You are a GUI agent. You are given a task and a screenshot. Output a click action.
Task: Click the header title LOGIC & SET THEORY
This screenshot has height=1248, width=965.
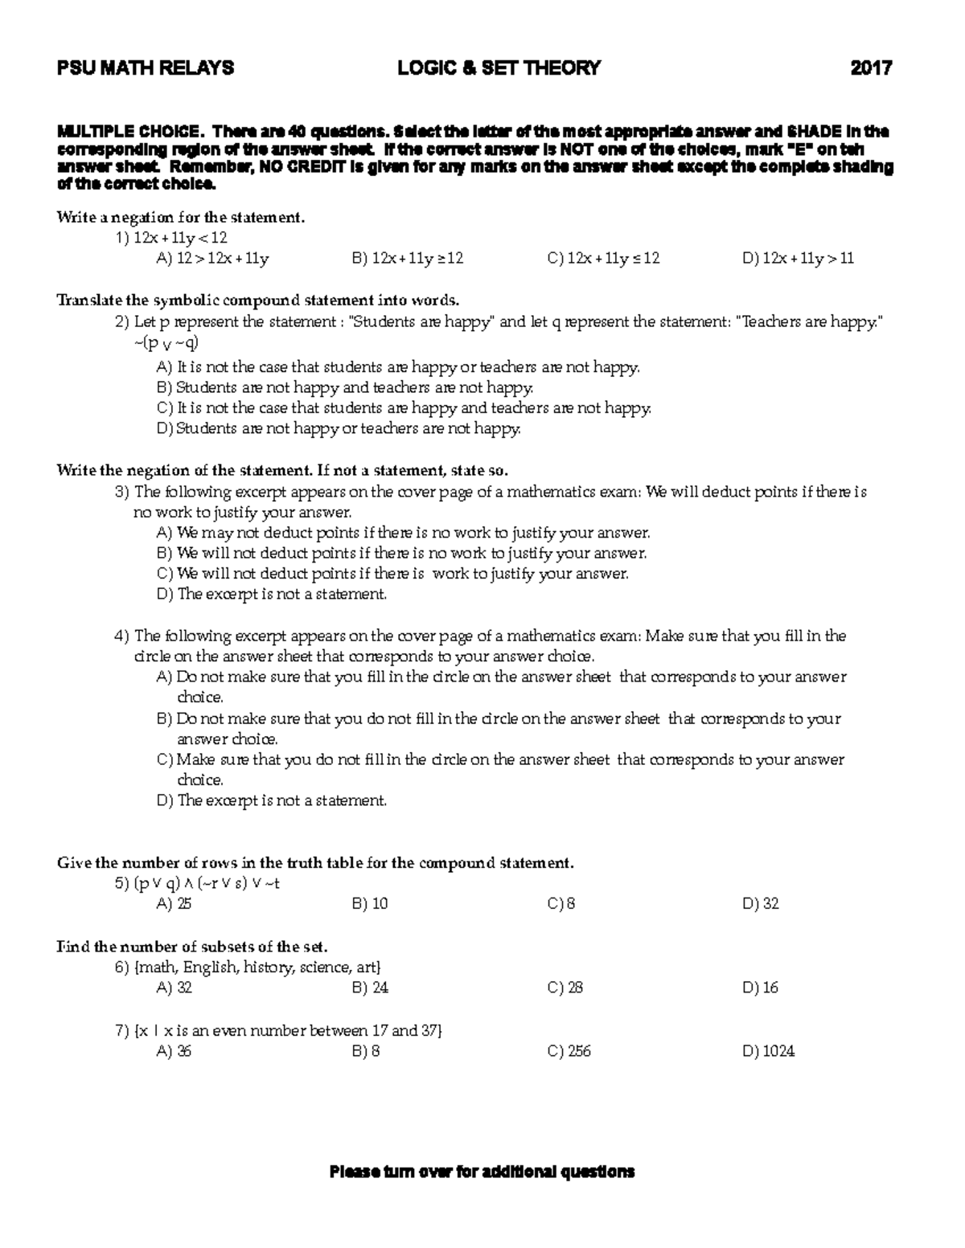point(499,68)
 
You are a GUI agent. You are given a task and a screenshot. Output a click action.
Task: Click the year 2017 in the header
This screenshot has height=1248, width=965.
point(872,68)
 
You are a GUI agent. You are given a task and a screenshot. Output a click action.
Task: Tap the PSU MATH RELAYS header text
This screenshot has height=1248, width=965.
point(146,68)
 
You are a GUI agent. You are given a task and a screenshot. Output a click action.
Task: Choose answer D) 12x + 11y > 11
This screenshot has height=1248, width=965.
point(798,259)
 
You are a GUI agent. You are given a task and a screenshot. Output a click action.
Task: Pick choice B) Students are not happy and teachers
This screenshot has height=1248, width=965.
point(346,388)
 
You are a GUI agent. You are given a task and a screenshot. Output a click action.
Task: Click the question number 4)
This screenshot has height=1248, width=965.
point(122,636)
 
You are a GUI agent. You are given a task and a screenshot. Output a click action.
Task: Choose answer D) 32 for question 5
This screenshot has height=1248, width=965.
point(760,904)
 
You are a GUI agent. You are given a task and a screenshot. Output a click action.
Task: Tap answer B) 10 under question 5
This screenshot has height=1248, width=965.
point(370,904)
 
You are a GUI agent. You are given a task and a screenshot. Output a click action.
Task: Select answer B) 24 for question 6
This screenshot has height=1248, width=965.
point(370,988)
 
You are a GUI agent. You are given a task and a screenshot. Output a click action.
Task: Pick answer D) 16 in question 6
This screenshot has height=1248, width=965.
point(760,988)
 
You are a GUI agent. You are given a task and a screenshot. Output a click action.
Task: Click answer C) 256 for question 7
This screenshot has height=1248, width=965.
point(569,1051)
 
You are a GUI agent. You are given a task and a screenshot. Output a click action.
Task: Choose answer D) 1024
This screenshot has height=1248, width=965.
point(768,1051)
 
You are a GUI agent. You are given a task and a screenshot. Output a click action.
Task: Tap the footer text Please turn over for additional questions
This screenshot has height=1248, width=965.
point(482,1172)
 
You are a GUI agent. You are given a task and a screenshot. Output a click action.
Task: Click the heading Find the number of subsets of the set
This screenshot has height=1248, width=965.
point(192,947)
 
